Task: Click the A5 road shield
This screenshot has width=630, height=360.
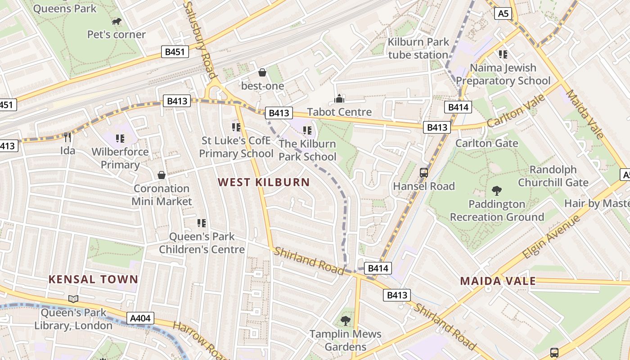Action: (x=503, y=13)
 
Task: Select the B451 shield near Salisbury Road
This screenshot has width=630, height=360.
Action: (x=175, y=52)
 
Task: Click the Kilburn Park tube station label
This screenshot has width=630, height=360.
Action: (x=418, y=48)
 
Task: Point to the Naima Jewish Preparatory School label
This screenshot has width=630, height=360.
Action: (x=503, y=74)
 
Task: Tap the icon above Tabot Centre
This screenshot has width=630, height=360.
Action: (x=339, y=98)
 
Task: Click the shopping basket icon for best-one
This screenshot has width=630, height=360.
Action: (x=262, y=72)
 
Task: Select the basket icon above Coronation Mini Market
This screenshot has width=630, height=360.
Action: (x=162, y=175)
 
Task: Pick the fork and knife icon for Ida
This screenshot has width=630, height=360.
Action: (x=68, y=137)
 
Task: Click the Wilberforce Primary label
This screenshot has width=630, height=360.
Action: (x=120, y=158)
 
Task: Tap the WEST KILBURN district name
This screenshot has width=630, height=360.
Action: (x=264, y=182)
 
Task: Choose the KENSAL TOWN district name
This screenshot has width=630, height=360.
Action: (x=93, y=279)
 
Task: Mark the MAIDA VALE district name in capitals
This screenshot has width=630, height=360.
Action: (x=498, y=281)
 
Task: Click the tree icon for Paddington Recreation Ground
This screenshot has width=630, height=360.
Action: (x=497, y=190)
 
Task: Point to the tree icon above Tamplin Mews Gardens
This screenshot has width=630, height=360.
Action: (x=346, y=320)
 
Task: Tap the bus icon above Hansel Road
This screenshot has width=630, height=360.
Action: (x=423, y=172)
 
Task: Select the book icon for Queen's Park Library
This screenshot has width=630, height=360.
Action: (x=73, y=299)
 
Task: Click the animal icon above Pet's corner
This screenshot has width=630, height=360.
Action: (x=117, y=22)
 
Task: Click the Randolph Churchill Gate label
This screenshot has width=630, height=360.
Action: (x=553, y=176)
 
